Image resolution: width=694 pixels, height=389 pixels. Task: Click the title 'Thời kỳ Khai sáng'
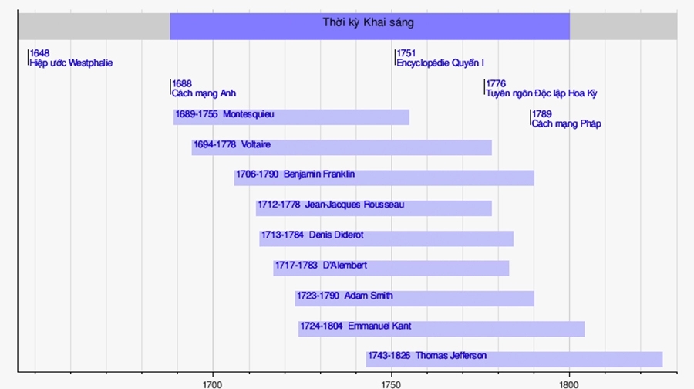point(368,22)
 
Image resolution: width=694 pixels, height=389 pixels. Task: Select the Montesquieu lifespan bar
point(291,117)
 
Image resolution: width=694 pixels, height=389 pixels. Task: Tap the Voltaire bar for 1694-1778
point(342,147)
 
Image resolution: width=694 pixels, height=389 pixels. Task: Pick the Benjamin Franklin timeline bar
point(384,177)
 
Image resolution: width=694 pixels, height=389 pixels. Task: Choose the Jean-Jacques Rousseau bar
point(374,207)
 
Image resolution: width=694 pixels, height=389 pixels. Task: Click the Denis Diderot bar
point(386,238)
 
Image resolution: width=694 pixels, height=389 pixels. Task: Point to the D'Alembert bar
point(391,267)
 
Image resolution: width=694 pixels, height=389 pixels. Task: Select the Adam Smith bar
point(414,298)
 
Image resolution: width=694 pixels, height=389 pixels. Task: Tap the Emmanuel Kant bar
point(441,328)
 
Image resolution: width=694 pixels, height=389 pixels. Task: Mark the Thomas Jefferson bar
point(514,358)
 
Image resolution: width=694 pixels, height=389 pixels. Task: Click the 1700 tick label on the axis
point(213,382)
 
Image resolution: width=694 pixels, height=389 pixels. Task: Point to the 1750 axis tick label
point(391,382)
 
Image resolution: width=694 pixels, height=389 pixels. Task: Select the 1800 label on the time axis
point(569,382)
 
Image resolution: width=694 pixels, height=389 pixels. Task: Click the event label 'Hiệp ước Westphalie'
point(71,63)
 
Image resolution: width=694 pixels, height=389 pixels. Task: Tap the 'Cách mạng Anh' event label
point(204,93)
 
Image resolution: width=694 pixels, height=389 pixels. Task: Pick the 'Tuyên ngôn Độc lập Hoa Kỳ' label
point(541,93)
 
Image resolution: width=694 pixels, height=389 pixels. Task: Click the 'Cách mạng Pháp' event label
point(567,123)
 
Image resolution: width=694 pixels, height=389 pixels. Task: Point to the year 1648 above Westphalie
point(39,53)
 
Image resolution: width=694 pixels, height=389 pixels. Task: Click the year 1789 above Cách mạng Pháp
point(542,114)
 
